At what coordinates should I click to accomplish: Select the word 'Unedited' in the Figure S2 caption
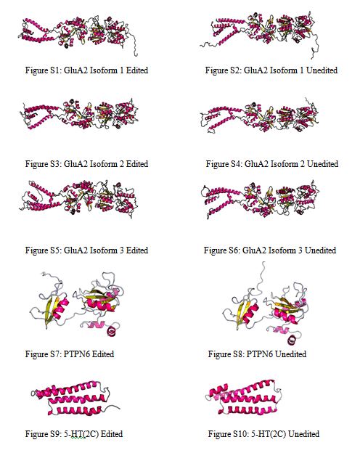click(x=322, y=70)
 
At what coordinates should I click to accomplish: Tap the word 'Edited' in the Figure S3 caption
click(x=137, y=164)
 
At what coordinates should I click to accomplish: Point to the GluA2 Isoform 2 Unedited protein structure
click(x=259, y=116)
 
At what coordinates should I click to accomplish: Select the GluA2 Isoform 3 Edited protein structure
click(x=78, y=199)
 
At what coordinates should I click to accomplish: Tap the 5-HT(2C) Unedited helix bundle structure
click(x=243, y=398)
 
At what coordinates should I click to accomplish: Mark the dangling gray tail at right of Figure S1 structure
click(x=134, y=44)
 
